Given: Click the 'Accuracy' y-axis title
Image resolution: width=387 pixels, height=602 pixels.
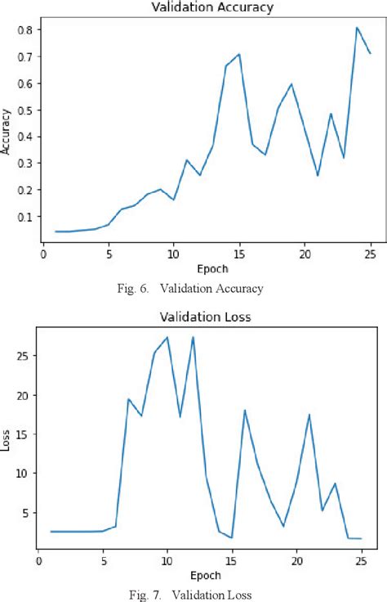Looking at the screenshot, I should coord(7,133).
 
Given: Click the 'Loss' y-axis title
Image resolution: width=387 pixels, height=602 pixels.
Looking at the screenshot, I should coord(7,441).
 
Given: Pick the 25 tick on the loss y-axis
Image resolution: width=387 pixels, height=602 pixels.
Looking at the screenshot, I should coord(23,356).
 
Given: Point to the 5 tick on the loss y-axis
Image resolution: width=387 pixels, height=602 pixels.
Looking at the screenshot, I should coord(25,513).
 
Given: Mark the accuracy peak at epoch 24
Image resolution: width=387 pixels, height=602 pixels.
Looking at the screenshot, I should coord(357,28).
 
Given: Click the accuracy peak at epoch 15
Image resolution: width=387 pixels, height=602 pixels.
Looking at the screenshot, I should coord(239,54).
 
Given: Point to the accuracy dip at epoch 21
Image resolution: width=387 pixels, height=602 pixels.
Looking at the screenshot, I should coord(318,175).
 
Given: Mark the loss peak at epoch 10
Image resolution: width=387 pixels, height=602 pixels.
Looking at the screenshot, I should coord(167,337).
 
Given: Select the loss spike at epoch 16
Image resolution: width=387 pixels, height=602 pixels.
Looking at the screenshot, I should coord(245,410).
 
